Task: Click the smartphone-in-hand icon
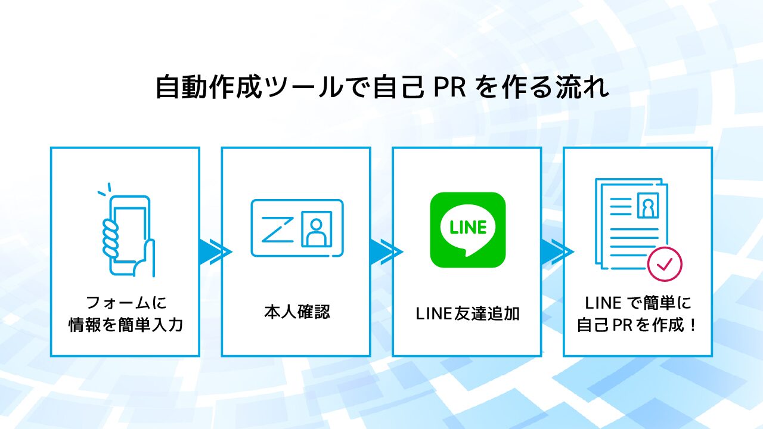127,235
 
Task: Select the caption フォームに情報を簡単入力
125,314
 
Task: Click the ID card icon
297,228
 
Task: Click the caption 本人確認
296,312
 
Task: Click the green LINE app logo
467,229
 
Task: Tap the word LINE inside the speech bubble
467,227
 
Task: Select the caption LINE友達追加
467,313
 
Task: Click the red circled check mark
665,263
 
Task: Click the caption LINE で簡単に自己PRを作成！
637,314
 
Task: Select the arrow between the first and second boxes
213,251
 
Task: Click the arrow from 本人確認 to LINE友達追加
384,251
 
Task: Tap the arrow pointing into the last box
556,251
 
